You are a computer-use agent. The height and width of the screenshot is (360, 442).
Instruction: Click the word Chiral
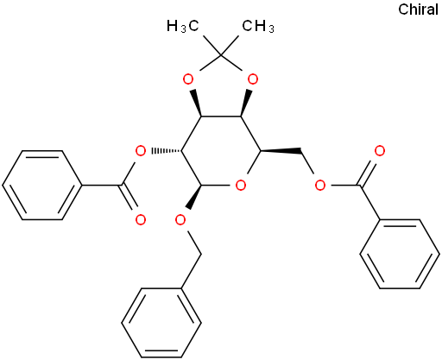[418, 9]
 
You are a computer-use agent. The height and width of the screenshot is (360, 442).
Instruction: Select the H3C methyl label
[183, 26]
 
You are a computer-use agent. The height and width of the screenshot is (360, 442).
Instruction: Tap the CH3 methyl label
[258, 26]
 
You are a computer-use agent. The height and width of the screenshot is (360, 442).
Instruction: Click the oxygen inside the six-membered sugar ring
[240, 186]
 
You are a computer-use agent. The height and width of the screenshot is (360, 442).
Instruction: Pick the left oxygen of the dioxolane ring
[188, 79]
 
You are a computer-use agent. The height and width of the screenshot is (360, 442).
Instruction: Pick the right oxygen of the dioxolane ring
[253, 79]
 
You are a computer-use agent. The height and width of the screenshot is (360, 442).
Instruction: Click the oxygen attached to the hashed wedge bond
[141, 150]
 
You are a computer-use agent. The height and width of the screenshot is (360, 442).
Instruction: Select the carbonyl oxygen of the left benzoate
[141, 220]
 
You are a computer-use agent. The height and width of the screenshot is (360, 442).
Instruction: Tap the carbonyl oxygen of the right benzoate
[380, 151]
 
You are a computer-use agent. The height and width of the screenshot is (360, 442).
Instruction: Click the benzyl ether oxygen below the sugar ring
[180, 220]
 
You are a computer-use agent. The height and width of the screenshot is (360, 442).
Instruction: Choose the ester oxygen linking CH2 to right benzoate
[319, 186]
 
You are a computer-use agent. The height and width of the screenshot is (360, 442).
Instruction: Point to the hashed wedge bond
[167, 150]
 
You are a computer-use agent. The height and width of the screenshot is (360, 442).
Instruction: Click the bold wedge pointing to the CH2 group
[281, 150]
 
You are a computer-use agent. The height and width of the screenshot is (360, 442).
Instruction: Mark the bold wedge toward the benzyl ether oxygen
[194, 197]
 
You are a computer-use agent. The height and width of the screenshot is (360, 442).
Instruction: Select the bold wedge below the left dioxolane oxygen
[197, 103]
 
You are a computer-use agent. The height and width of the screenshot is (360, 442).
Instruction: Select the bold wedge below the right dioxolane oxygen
[244, 103]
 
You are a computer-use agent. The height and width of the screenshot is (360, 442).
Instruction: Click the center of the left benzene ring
[42, 186]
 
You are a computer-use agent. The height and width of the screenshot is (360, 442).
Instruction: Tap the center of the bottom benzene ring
[161, 323]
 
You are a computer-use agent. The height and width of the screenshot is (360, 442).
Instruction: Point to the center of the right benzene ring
[400, 255]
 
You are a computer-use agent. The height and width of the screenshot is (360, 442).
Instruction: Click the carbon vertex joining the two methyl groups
[220, 54]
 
